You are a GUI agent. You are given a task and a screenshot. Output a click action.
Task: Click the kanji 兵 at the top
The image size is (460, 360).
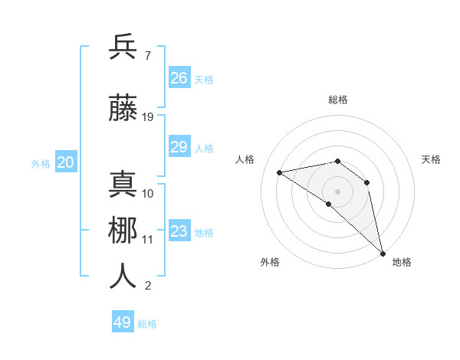pyautogui.click(x=123, y=47)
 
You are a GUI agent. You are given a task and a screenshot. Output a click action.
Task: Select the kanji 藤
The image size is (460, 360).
pyautogui.click(x=123, y=108)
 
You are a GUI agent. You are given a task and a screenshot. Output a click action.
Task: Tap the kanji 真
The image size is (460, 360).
pyautogui.click(x=123, y=184)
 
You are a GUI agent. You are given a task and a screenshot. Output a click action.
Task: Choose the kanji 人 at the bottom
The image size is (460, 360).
pyautogui.click(x=123, y=276)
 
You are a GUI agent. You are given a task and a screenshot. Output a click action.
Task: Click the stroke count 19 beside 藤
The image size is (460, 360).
pyautogui.click(x=148, y=117)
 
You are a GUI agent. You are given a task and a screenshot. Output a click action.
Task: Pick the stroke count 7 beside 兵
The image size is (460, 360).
pyautogui.click(x=147, y=56)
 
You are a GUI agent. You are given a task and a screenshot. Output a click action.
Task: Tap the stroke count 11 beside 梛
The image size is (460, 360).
pyautogui.click(x=148, y=239)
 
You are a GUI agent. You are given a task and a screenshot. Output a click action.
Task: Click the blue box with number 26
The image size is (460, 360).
pyautogui.click(x=179, y=78)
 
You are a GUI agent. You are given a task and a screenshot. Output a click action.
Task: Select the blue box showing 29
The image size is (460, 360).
pyautogui.click(x=179, y=147)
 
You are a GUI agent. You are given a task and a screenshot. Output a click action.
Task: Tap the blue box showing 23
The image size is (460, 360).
pyautogui.click(x=179, y=231)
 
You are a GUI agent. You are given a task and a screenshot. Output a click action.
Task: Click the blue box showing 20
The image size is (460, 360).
pyautogui.click(x=66, y=162)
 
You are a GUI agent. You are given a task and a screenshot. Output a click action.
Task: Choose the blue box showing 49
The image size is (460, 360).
pyautogui.click(x=123, y=322)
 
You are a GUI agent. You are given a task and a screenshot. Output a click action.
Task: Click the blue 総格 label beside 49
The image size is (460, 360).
pyautogui.click(x=147, y=324)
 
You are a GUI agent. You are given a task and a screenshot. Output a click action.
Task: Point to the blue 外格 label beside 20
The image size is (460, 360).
pyautogui.click(x=41, y=163)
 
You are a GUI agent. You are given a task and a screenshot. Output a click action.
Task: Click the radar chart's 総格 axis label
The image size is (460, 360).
pyautogui.click(x=338, y=100)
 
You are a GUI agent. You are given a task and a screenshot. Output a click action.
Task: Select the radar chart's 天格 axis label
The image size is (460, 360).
pyautogui.click(x=431, y=159)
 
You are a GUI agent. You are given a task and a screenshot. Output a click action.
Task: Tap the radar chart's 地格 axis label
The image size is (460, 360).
pyautogui.click(x=402, y=262)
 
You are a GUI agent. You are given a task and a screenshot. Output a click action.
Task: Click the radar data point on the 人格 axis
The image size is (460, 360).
pyautogui.click(x=280, y=172)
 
